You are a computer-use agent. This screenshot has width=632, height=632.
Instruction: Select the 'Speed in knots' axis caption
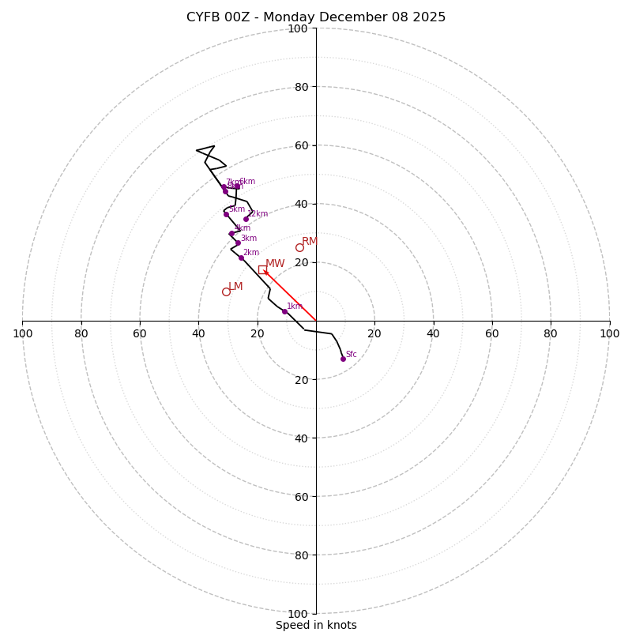pyautogui.click(x=316, y=625)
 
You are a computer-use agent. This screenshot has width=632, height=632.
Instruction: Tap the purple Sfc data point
pyautogui.click(x=343, y=359)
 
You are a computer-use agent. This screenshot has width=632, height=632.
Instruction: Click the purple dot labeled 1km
pyautogui.click(x=284, y=311)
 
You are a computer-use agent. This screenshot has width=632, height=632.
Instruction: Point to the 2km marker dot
pyautogui.click(x=241, y=258)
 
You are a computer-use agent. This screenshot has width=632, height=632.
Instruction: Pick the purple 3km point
pyautogui.click(x=238, y=243)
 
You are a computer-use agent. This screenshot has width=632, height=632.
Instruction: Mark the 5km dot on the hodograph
pyautogui.click(x=226, y=214)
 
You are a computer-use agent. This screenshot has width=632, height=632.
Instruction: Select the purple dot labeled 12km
pyautogui.click(x=246, y=219)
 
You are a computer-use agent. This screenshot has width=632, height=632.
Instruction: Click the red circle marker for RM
pyautogui.click(x=299, y=247)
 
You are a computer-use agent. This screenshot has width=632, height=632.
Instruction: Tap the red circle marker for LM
pyautogui.click(x=226, y=292)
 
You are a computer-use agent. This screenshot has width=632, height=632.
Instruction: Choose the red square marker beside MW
pyautogui.click(x=262, y=269)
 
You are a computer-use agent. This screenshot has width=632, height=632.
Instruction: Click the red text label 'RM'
pyautogui.click(x=310, y=241)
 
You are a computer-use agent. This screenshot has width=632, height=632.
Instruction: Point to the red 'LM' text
pyautogui.click(x=235, y=286)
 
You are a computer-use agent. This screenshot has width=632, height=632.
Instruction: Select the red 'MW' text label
pyautogui.click(x=275, y=264)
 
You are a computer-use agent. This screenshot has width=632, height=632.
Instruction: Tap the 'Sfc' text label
pyautogui.click(x=352, y=355)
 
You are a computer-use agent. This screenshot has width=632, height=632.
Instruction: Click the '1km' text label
pyautogui.click(x=294, y=307)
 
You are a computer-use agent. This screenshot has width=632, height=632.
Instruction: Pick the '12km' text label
pyautogui.click(x=258, y=214)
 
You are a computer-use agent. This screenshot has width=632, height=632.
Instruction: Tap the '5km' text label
pyautogui.click(x=237, y=209)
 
